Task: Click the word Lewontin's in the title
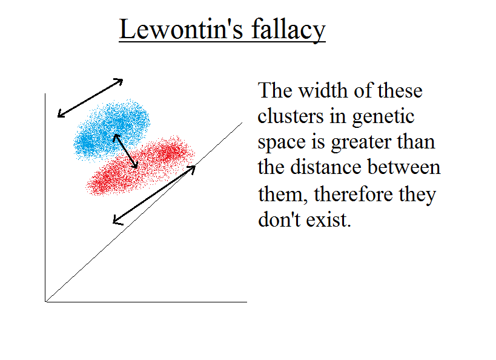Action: coord(181,29)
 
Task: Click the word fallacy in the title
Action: coord(288,30)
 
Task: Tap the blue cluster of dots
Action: coord(111,129)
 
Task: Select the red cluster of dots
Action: coord(140,166)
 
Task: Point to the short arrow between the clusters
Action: coord(125,151)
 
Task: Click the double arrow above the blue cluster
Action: coord(90,98)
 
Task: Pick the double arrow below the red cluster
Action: coord(154,195)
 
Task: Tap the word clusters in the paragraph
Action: coord(291,116)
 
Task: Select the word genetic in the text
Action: coord(383,117)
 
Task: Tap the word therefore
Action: coord(352,193)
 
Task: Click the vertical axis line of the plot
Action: coord(45,198)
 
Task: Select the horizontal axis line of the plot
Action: coord(146,302)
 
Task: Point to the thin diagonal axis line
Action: coord(144,212)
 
